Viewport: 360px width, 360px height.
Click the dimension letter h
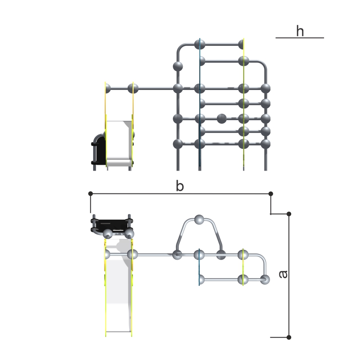tap(300, 31)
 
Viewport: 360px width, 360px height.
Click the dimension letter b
tap(180, 186)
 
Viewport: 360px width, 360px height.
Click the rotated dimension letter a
tap(283, 274)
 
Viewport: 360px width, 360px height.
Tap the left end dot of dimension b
tap(90, 194)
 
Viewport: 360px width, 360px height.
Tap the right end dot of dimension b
tap(271, 194)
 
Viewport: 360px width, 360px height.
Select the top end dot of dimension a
tap(289, 214)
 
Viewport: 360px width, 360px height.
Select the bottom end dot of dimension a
tap(289, 337)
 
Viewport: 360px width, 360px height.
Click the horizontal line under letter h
tap(300, 38)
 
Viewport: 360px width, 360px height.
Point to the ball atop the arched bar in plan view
tap(199, 220)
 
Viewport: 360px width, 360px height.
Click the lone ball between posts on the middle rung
tap(221, 118)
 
